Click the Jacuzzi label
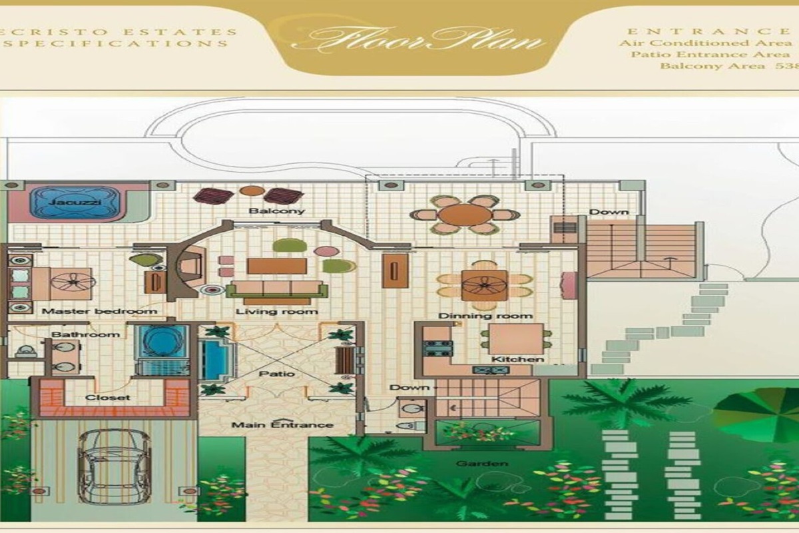click(74, 199)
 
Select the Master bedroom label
click(99, 311)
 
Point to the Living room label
click(276, 312)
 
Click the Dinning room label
click(485, 315)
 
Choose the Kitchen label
click(517, 360)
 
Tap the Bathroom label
click(85, 334)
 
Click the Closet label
click(107, 398)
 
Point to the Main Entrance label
click(282, 424)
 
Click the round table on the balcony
click(465, 215)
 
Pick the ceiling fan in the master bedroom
click(73, 282)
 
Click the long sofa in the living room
click(276, 289)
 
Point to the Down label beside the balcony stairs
click(608, 213)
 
